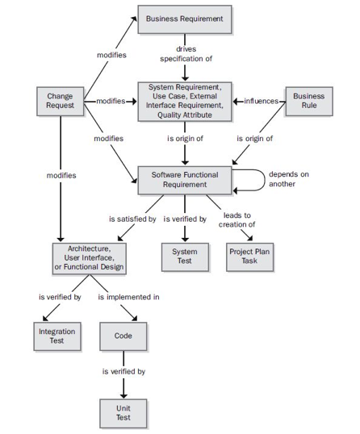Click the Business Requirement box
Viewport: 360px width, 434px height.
(185, 19)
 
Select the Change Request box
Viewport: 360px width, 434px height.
(61, 102)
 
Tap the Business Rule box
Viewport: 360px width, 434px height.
(308, 102)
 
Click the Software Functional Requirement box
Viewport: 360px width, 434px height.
(185, 179)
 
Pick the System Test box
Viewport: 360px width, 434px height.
(185, 257)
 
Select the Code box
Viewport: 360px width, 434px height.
(123, 336)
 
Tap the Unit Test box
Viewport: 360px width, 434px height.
(123, 415)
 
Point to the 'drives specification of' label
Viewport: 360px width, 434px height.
(186, 54)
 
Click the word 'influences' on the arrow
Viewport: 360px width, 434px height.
(260, 102)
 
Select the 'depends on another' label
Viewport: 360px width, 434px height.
(289, 178)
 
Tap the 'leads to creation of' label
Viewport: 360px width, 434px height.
(237, 219)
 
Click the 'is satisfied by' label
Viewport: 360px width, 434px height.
(132, 219)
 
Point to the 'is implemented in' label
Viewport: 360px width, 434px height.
(128, 297)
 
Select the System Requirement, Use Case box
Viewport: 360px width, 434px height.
(185, 102)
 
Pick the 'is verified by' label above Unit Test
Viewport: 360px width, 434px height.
(123, 372)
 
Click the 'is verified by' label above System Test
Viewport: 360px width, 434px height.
(185, 219)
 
